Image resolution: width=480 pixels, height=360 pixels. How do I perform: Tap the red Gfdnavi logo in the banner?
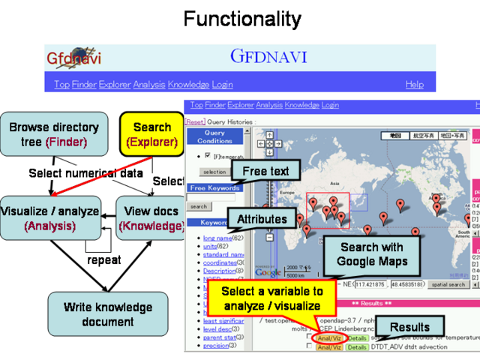[x=73, y=58]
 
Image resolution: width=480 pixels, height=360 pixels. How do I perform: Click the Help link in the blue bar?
[x=415, y=85]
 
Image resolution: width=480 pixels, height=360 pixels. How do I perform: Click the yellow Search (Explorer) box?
[x=152, y=134]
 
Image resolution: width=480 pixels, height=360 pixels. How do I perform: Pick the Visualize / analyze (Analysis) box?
[x=50, y=218]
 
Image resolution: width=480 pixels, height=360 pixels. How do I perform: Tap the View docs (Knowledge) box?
[x=150, y=218]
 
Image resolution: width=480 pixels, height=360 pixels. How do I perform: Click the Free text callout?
[x=265, y=172]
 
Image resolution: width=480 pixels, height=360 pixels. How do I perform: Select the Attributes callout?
[x=262, y=219]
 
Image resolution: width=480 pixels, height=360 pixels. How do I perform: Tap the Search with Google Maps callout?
[x=370, y=254]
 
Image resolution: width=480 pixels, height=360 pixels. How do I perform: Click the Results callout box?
[x=409, y=327]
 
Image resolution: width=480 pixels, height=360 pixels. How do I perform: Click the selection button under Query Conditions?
[x=214, y=172]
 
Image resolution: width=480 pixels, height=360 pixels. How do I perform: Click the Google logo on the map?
[x=271, y=272]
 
